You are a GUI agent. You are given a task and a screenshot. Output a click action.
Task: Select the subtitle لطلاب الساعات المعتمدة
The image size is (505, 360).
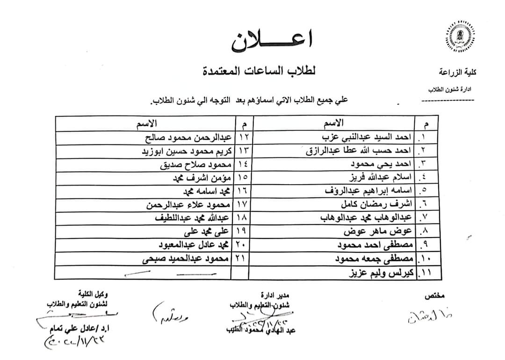click(x=259, y=71)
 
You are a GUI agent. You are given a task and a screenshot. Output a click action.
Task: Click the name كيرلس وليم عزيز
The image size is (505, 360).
click(x=381, y=272)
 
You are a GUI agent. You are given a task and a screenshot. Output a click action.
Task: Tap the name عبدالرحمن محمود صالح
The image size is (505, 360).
click(x=185, y=138)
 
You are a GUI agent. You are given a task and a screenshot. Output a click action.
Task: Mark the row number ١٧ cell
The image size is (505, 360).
click(x=242, y=205)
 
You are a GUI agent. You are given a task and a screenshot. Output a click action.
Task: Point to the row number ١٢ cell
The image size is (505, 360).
click(x=242, y=138)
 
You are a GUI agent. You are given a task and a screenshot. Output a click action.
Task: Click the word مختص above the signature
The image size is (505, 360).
click(x=435, y=296)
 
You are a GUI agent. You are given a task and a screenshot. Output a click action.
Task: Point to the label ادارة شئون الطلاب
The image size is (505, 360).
click(x=449, y=89)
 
